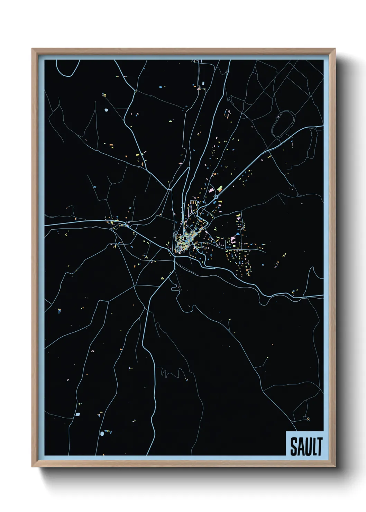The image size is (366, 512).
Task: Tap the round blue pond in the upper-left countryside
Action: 106,111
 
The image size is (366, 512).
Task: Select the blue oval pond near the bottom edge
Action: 102,433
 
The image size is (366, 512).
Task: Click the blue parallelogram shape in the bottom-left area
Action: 77,414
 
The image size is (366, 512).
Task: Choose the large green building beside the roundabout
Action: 220,188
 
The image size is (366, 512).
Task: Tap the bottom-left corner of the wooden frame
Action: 33,466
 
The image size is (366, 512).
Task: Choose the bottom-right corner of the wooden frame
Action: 335,466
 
